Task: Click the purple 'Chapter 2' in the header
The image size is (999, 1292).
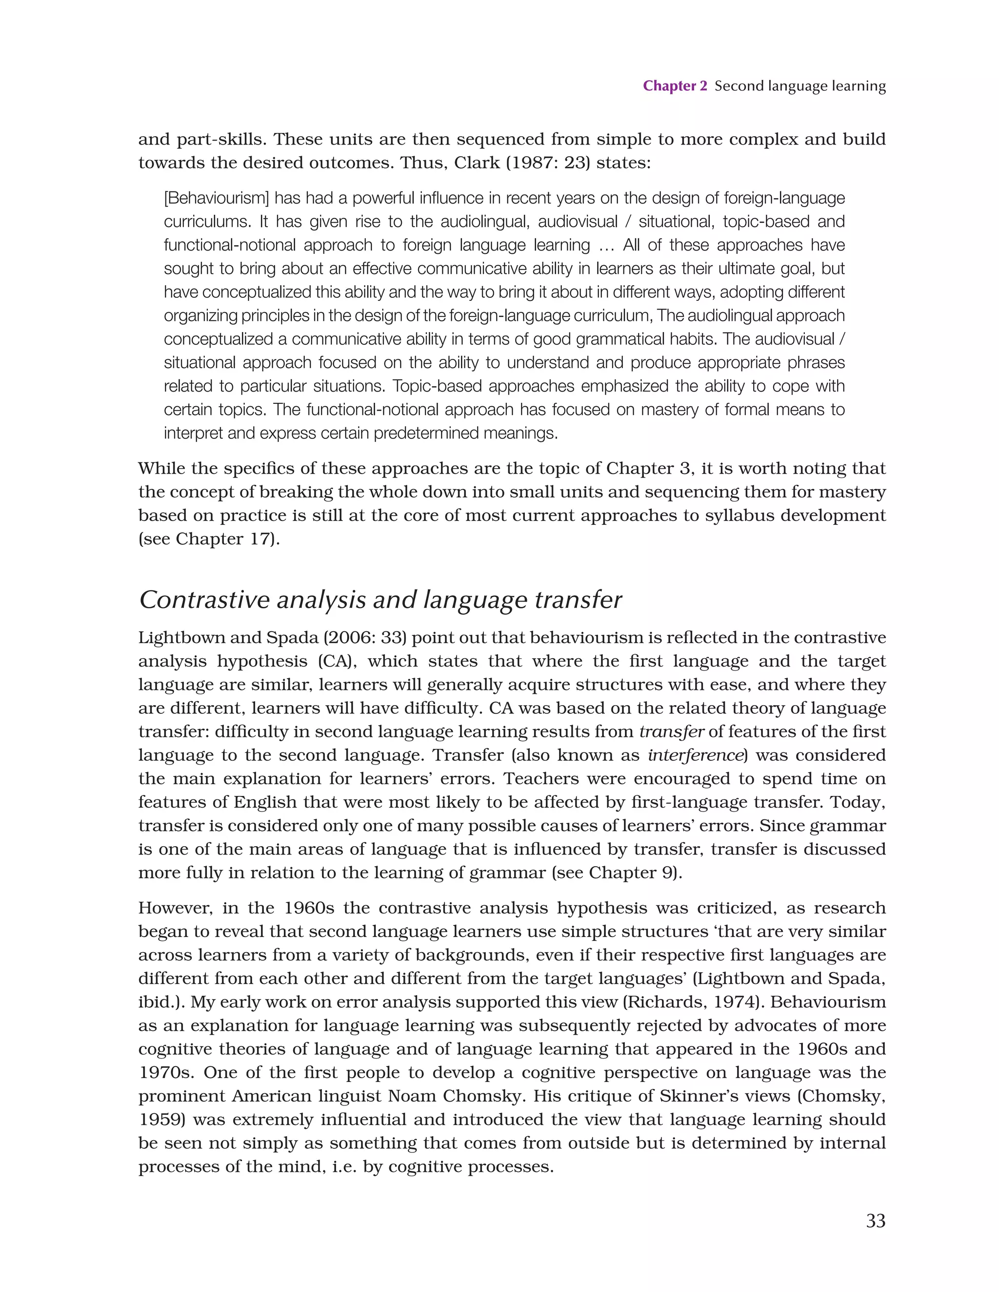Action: click(x=675, y=86)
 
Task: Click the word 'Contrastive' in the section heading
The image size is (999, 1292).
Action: click(x=203, y=600)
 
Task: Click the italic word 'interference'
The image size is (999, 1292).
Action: click(x=695, y=755)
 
